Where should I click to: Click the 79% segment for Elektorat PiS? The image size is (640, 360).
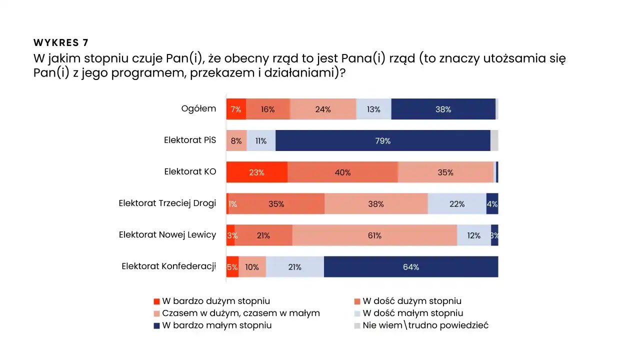pos(382,140)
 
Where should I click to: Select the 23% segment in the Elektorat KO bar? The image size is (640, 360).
pos(256,172)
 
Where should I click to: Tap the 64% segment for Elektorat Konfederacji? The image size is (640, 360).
pos(410,266)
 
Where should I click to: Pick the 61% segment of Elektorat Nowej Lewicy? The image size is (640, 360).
pos(374,235)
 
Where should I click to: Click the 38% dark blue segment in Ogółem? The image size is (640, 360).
pos(443,109)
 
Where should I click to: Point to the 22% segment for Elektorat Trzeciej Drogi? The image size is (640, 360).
pos(457,203)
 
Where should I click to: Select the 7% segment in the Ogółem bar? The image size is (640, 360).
pos(236,109)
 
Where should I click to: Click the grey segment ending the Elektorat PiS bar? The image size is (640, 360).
pos(494,140)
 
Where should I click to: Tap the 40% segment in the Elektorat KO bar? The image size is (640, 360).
pos(342,172)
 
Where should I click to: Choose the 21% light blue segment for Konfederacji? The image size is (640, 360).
pos(294,266)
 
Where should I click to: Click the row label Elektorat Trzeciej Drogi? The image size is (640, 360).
pos(167,203)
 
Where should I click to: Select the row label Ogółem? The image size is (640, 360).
pos(198,108)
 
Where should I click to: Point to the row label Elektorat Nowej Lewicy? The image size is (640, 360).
pos(167,234)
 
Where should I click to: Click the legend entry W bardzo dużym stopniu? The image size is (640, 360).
pos(216,301)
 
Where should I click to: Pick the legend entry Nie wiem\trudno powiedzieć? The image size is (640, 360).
pos(425,325)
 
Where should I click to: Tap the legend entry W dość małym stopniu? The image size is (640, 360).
pos(412,313)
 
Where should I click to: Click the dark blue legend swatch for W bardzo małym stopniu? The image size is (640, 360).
pos(156,325)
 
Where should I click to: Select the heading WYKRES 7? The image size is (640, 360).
pos(61,42)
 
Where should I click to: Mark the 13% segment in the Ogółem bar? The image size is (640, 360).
pos(373,109)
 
